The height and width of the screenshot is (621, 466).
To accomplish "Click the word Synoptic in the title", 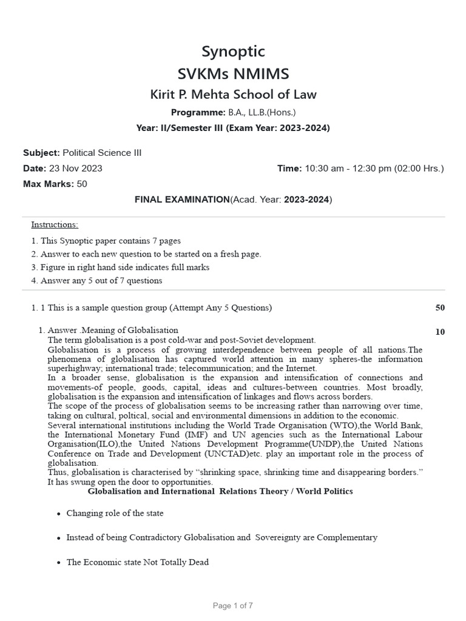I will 233,52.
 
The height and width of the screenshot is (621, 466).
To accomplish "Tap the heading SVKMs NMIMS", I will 233,74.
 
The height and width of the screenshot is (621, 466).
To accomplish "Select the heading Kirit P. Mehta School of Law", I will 233,95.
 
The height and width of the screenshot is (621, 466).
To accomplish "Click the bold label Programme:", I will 198,112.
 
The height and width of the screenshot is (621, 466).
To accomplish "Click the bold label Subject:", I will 41,153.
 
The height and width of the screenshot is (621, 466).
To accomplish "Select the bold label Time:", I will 289,168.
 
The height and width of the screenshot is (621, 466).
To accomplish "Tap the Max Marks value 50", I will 82,184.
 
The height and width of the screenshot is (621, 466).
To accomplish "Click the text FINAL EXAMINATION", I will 181,200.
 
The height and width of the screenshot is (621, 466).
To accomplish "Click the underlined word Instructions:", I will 55,225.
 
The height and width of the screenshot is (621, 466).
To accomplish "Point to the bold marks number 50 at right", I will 440,307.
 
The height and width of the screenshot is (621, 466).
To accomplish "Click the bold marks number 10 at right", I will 440,332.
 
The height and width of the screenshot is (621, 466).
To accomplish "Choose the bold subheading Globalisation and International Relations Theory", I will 220,491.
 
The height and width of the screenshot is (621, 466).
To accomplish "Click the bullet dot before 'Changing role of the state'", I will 58,514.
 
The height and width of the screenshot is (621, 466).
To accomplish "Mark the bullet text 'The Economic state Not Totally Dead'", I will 137,562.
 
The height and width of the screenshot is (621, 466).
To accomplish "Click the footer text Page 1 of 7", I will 233,605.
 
